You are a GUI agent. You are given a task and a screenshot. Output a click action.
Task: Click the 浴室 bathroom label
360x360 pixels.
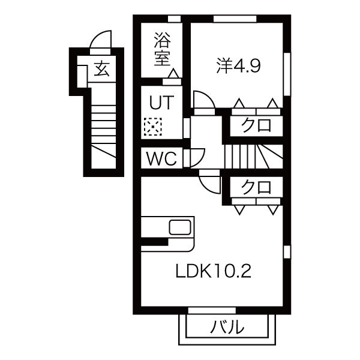point(163,49)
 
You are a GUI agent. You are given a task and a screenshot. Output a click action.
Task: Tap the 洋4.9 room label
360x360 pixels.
point(238,66)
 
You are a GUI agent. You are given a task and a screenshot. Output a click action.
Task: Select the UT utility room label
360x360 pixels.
point(161,103)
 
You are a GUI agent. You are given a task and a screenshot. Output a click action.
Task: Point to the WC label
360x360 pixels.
point(162,158)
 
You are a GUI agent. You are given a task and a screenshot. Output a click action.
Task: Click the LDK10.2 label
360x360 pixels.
point(213,271)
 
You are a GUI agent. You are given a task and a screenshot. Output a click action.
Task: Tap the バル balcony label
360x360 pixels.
point(227,327)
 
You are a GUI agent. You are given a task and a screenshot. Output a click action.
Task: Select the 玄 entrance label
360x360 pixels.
point(102,69)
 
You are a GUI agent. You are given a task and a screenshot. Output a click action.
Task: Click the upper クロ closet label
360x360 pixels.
point(256,125)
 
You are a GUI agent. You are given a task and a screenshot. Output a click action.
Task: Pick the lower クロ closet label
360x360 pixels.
point(256,187)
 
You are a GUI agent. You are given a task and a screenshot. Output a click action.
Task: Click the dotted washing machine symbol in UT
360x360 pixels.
point(152,127)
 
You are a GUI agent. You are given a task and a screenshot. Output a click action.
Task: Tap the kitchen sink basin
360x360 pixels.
point(180,227)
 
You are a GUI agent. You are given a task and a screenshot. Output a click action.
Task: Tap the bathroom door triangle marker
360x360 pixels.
point(174,73)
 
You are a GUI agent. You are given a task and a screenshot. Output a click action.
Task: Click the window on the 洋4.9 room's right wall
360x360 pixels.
point(287,74)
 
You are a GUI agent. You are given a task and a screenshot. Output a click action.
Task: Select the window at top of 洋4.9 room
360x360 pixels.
point(235,19)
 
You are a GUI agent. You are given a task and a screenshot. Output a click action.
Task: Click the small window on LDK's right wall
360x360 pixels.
point(287,252)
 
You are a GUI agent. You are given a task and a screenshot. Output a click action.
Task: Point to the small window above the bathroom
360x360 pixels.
point(174,19)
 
